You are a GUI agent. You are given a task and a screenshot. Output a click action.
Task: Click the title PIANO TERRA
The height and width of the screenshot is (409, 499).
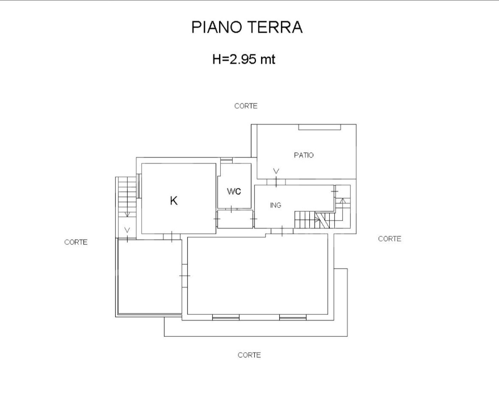coord(247,27)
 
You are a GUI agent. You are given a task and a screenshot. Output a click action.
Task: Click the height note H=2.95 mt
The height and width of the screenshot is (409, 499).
coord(244,59)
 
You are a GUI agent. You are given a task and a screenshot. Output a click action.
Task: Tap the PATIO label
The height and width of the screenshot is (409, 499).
coord(304,155)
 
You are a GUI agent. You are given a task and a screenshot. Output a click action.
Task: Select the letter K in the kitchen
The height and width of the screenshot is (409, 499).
coord(174,201)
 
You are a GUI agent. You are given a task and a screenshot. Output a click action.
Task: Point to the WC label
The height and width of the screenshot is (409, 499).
coord(234,191)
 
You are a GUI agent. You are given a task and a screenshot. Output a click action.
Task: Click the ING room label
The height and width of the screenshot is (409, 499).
coord(276,205)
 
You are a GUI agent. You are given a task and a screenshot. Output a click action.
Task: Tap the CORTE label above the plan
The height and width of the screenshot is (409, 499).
coord(246,106)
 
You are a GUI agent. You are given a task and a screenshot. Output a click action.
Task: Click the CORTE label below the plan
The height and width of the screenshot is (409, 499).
coord(249,355)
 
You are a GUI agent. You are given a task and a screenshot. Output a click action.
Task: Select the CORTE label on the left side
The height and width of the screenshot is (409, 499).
coord(76,242)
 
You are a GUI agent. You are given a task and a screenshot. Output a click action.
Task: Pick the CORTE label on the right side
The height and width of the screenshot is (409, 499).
coord(389,239)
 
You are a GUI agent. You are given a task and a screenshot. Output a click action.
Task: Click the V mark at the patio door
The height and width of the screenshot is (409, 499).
coord(276,171)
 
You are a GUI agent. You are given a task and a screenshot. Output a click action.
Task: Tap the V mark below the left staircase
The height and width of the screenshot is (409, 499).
coord(127,230)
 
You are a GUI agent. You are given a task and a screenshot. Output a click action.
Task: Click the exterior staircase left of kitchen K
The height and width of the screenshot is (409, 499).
coord(127,196)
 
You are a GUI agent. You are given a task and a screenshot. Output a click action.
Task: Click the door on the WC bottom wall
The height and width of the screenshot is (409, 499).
coord(233,209)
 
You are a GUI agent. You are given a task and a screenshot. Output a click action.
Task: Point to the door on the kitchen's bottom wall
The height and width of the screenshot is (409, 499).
coord(171,236)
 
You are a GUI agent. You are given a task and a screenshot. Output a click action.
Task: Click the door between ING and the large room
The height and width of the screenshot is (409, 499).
coord(282,231)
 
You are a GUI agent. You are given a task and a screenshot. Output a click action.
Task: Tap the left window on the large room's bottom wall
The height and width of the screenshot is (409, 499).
coord(225,317)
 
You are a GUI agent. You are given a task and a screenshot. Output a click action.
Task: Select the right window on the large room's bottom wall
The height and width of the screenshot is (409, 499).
coord(293,317)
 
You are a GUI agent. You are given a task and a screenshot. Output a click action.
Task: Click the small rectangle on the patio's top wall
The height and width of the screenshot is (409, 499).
coord(319,127)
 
